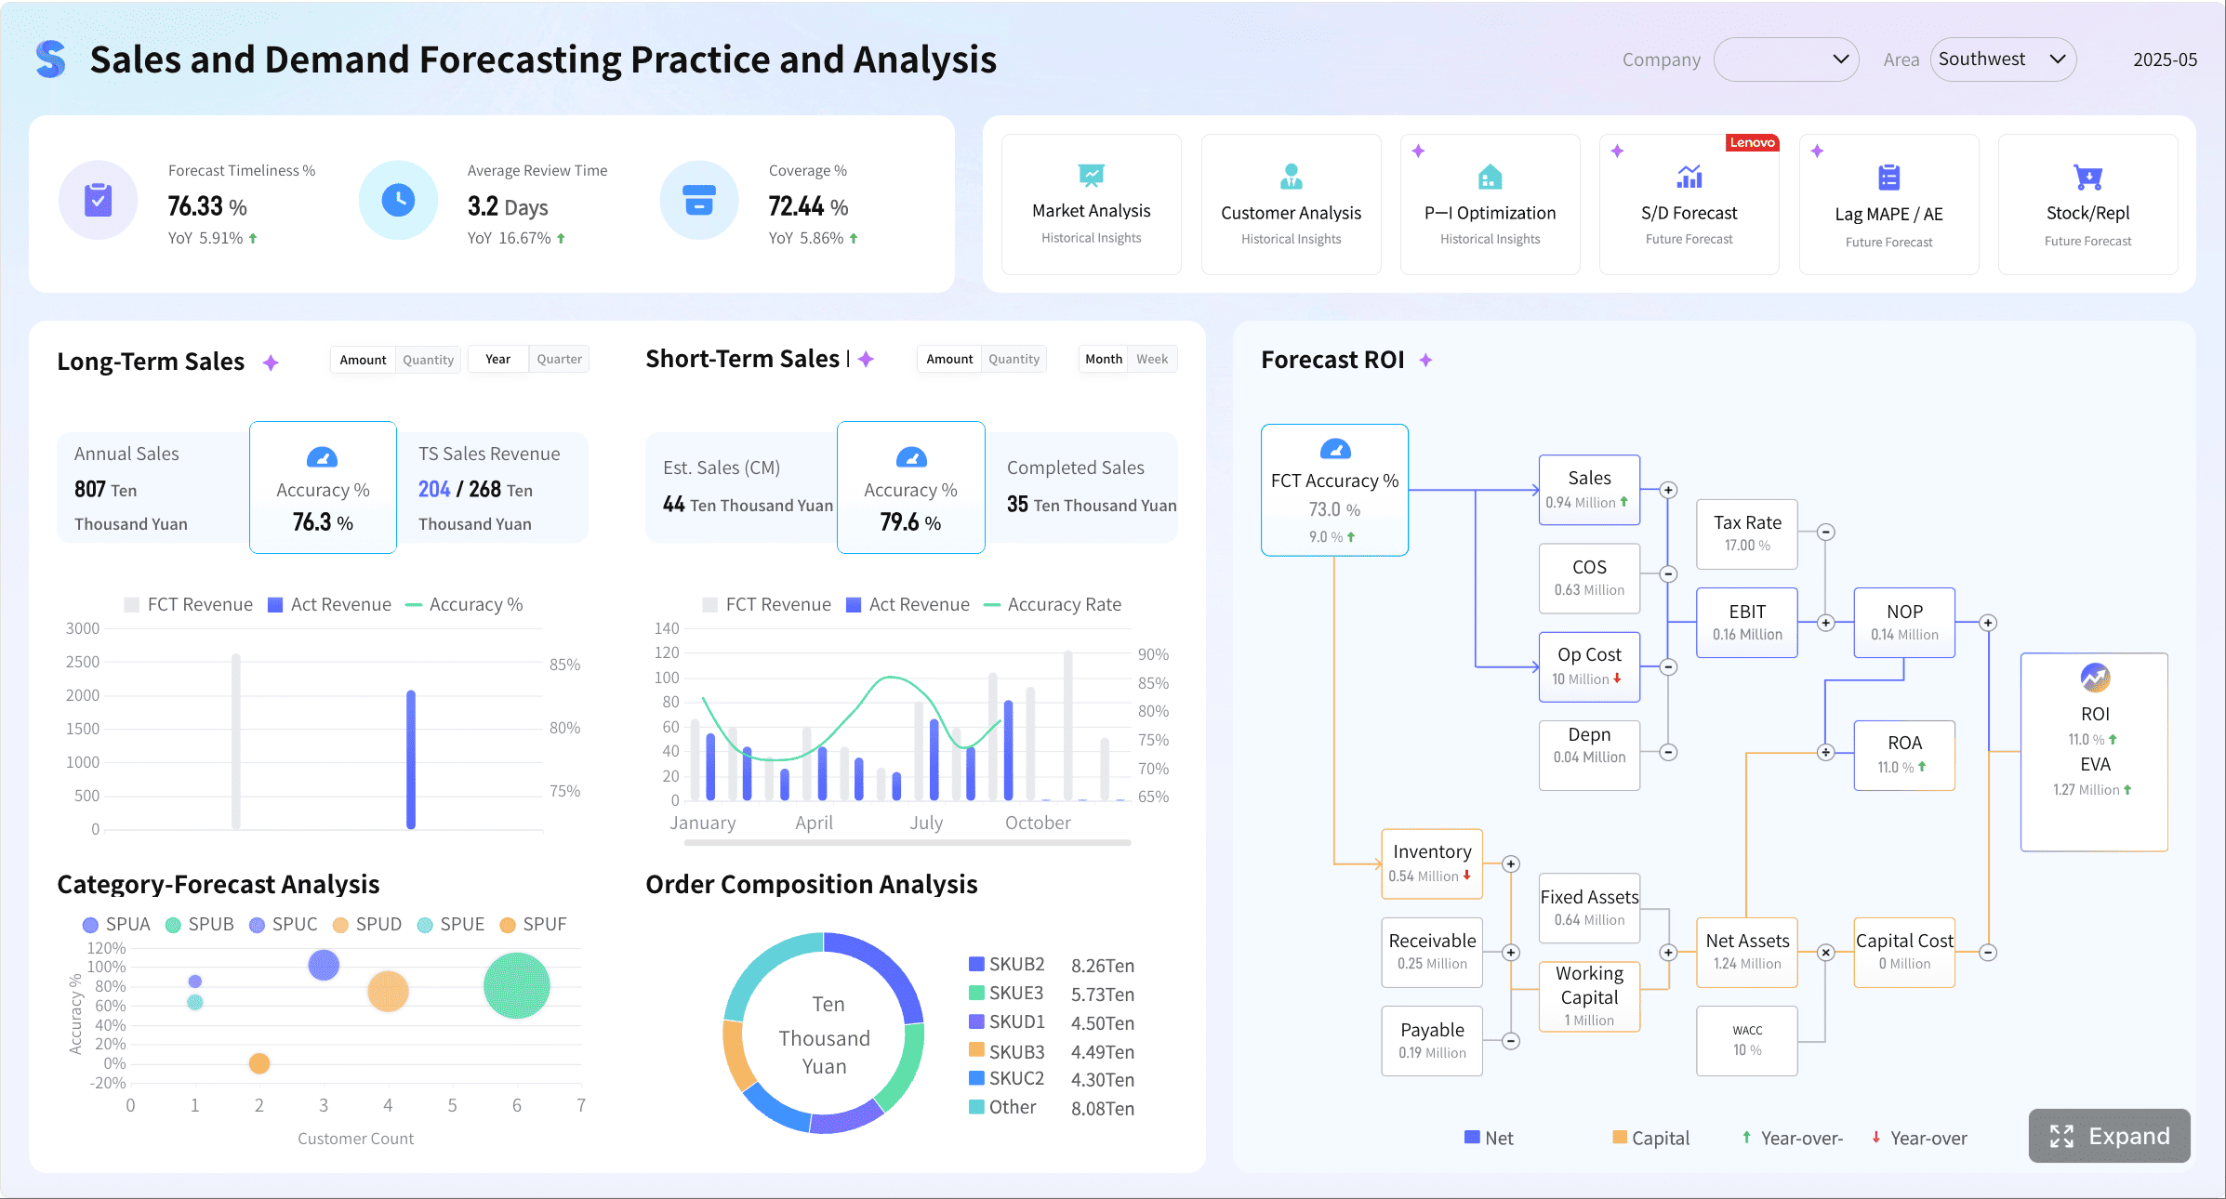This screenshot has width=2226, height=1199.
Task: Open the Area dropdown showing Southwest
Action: point(2003,59)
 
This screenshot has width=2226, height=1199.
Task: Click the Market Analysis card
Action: point(1091,204)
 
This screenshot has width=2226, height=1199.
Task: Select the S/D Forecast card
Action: point(1689,204)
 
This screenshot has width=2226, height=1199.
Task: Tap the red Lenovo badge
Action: point(1752,142)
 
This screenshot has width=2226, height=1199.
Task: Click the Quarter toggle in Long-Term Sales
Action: point(559,360)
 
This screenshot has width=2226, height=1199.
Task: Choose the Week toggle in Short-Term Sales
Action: point(1151,360)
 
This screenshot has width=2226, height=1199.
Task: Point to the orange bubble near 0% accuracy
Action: point(259,1063)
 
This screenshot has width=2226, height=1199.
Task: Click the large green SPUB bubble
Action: point(516,985)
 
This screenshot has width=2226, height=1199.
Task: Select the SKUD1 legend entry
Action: point(1015,1022)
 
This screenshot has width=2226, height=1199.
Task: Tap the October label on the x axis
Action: point(1038,823)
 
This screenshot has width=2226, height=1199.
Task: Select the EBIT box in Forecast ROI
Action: point(1746,623)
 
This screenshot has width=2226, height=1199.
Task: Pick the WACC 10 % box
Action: point(1746,1041)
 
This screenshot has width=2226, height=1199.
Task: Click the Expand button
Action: point(2109,1136)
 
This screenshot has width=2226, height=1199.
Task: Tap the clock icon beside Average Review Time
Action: point(398,201)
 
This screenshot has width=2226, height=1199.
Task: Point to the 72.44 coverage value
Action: point(796,206)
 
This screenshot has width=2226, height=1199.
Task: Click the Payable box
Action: point(1432,1040)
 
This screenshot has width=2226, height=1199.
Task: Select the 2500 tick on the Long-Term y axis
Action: point(83,662)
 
